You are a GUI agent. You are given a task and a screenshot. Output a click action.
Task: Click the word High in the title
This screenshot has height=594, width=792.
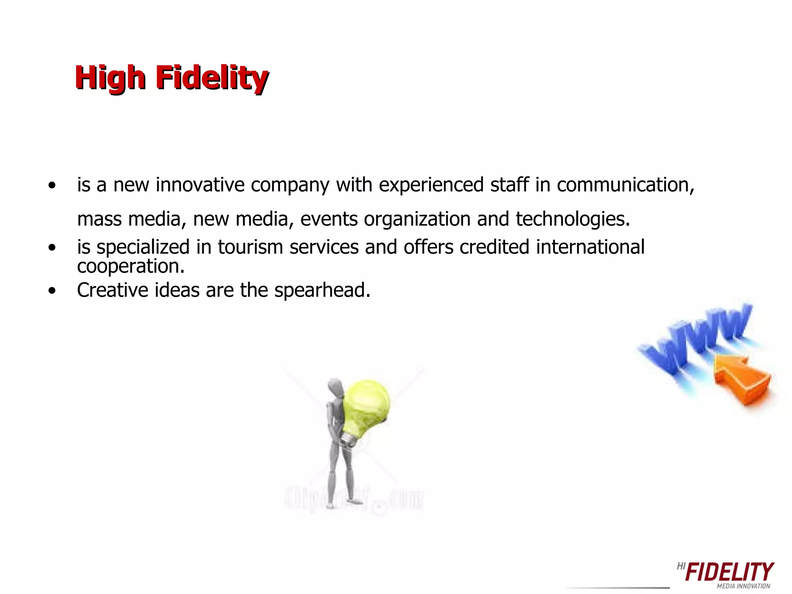pos(110,78)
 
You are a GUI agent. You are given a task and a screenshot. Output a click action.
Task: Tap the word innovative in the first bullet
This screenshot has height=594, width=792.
pos(200,185)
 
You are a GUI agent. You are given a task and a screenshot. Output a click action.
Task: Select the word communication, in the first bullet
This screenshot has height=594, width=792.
pos(625,185)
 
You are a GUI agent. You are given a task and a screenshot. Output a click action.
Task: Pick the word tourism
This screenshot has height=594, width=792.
pos(250,247)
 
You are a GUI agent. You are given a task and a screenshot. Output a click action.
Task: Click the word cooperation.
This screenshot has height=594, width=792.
pos(131,266)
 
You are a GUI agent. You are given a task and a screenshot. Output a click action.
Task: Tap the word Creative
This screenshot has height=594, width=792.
pos(113,290)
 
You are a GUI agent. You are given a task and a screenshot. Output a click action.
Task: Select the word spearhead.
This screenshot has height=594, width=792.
pos(322,291)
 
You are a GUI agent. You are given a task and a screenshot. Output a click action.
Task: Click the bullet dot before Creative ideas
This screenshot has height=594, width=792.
pos(52,291)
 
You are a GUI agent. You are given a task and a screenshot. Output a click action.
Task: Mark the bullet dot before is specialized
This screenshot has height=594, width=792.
pos(52,247)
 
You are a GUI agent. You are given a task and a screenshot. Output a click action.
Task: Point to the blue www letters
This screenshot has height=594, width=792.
pos(696,340)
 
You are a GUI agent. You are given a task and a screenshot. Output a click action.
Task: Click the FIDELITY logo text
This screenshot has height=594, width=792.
pos(729,572)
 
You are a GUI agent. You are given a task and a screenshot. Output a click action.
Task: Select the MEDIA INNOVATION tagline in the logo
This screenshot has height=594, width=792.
pos(743,586)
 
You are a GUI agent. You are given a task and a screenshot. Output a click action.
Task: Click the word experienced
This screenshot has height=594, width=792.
pos(431,185)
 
